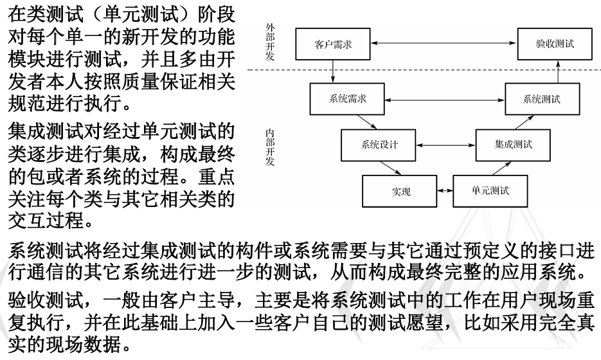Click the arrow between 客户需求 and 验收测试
pos(444,43)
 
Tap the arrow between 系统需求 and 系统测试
pos(445,100)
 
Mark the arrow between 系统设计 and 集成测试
pos(445,145)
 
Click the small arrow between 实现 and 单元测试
pos(445,190)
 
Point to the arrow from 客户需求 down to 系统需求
pos(333,71)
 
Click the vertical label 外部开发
pos(270,42)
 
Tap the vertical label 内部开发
pos(270,147)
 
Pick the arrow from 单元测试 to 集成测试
pos(501,168)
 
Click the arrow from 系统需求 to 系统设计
pos(366,122)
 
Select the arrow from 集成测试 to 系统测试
pos(524,122)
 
